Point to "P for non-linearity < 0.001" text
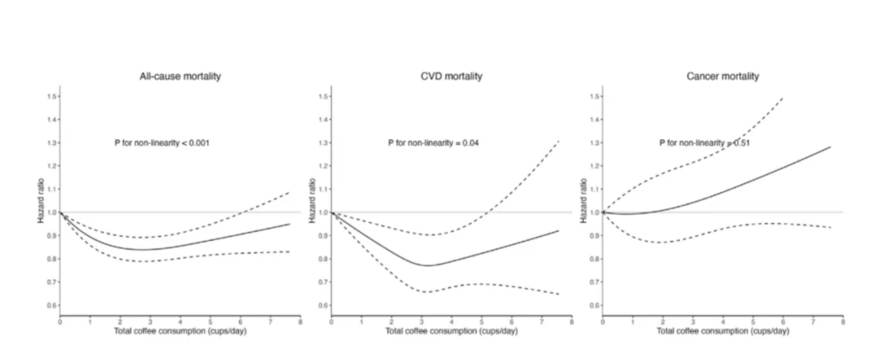(x=164, y=143)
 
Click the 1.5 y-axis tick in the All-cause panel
(x=52, y=97)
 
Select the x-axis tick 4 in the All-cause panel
(x=180, y=321)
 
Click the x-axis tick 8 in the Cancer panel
(x=843, y=321)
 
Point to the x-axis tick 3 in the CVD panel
(x=421, y=321)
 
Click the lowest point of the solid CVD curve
(x=428, y=265)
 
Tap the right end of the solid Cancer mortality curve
(x=831, y=147)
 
